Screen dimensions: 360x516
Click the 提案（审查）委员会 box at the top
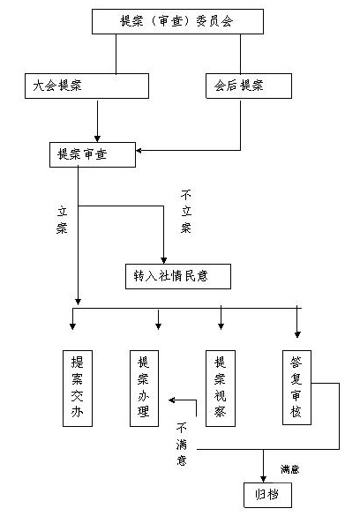177,21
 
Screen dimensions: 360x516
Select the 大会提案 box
86,86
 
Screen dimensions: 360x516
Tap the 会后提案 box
249,86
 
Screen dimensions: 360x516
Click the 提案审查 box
93,154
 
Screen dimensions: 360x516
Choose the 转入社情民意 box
178,276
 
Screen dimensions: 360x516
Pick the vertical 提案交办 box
78,388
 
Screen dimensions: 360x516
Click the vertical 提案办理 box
144,388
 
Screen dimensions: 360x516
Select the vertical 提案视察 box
221,388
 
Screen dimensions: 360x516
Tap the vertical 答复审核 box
296,387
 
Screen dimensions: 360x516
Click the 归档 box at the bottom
268,495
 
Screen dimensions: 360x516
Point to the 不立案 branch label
186,212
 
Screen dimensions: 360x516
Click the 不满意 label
182,445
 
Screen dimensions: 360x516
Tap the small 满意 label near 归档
290,469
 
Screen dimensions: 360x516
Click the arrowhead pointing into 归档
263,479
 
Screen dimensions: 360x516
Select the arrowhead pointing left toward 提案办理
172,400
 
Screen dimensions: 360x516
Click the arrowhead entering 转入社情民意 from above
163,260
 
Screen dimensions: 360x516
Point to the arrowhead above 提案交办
72,326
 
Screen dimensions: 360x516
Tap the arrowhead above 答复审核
297,334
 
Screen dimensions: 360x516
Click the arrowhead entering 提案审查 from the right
139,151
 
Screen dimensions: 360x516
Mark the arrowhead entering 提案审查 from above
97,138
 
